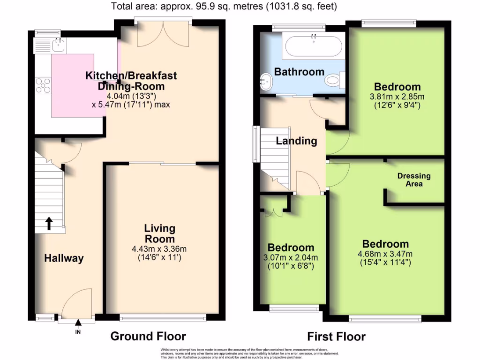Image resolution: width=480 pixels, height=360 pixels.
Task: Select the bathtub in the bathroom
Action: [313, 46]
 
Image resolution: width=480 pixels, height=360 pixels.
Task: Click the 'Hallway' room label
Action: [64, 258]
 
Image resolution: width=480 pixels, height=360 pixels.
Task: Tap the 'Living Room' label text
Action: [159, 234]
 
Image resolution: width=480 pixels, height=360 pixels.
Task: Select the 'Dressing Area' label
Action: [413, 180]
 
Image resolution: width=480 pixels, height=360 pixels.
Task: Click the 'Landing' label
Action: [296, 141]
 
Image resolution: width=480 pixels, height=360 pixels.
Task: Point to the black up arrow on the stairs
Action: [48, 223]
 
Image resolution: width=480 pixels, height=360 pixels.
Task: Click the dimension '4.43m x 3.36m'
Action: [159, 249]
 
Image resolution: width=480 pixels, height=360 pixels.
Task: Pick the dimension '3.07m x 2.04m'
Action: [291, 257]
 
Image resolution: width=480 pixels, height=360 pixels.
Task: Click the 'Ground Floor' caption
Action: [148, 336]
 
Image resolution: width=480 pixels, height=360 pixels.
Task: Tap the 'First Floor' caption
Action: [336, 336]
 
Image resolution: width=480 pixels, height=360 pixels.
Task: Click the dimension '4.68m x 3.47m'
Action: [385, 254]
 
